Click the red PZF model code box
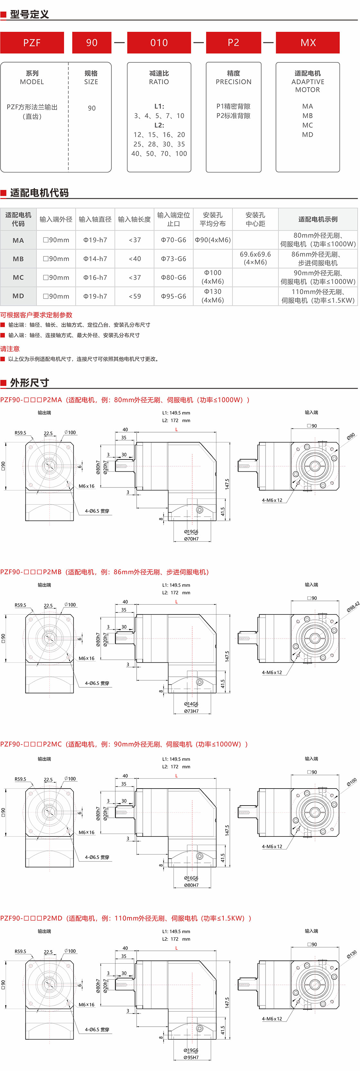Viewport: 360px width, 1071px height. pyautogui.click(x=32, y=42)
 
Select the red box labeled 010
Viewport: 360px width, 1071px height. pyautogui.click(x=159, y=42)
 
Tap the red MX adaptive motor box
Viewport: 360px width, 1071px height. pyautogui.click(x=308, y=42)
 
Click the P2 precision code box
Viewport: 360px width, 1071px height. pyautogui.click(x=233, y=42)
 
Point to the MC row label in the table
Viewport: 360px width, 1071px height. pyautogui.click(x=18, y=277)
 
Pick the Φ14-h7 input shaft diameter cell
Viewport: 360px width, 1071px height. pyautogui.click(x=95, y=259)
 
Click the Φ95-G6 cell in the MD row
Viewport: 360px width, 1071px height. pyautogui.click(x=173, y=296)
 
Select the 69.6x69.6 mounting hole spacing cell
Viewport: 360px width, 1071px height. pyautogui.click(x=255, y=258)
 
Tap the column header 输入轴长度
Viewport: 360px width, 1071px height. pyautogui.click(x=134, y=219)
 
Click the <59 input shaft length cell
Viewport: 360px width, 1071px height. pyautogui.click(x=134, y=296)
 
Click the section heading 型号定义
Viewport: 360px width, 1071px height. pyautogui.click(x=29, y=14)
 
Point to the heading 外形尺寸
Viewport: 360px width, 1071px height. pyautogui.click(x=29, y=382)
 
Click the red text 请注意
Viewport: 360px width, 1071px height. pyautogui.click(x=10, y=348)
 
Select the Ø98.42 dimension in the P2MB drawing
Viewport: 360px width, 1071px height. pyautogui.click(x=353, y=607)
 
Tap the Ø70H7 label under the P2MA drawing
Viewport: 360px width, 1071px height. pyautogui.click(x=191, y=539)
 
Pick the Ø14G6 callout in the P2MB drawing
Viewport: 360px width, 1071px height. pyautogui.click(x=191, y=704)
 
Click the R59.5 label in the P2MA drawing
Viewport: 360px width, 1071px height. pyautogui.click(x=20, y=433)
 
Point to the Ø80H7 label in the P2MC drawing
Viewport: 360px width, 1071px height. pyautogui.click(x=191, y=885)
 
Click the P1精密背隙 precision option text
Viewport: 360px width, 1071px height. pyautogui.click(x=233, y=106)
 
